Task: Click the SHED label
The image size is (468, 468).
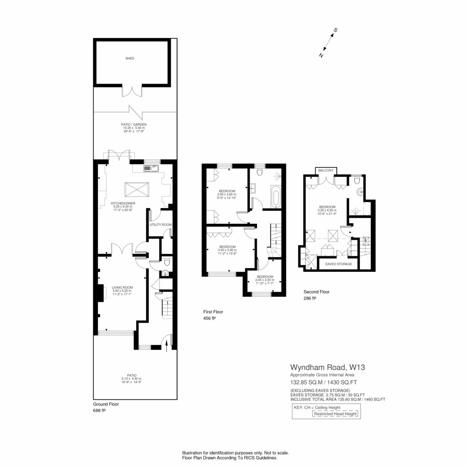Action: click(130, 58)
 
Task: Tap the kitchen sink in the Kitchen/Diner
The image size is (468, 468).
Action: click(151, 168)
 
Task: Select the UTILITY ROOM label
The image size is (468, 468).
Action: click(161, 225)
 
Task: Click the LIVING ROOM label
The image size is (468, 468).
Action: click(122, 287)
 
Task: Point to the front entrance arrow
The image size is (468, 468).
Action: click(167, 346)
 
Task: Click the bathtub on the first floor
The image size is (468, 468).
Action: click(276, 197)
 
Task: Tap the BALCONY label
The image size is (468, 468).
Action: click(326, 170)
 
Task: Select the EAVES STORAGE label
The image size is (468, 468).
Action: click(339, 264)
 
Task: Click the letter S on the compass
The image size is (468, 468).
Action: click(335, 30)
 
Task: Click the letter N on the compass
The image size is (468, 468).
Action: click(321, 55)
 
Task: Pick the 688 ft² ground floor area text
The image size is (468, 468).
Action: click(99, 410)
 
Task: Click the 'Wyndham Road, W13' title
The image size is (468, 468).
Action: click(327, 367)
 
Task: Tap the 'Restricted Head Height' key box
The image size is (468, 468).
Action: click(335, 414)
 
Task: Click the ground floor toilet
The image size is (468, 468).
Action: click(167, 262)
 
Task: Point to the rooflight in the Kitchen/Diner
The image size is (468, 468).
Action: click(137, 189)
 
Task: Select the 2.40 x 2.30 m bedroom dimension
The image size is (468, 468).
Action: click(265, 280)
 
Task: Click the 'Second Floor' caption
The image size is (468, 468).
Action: click(316, 292)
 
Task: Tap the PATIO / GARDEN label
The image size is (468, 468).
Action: click(134, 124)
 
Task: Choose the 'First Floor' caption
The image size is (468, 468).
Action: click(213, 312)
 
